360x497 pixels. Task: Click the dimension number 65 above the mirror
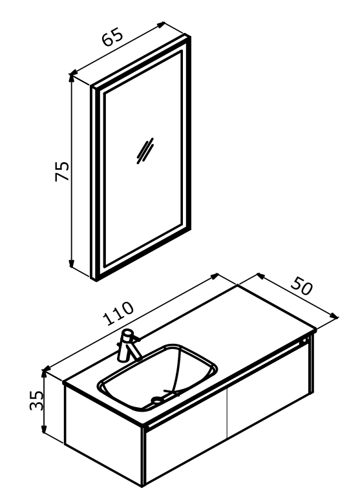(112, 37)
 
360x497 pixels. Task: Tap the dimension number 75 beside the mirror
(62, 171)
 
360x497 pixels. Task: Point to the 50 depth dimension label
(302, 286)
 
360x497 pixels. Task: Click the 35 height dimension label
(36, 400)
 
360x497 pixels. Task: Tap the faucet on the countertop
(128, 346)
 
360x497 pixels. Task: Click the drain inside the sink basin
(157, 400)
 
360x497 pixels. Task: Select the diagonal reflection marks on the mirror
(145, 151)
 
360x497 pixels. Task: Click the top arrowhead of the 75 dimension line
(72, 77)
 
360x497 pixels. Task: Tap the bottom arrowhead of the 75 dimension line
(72, 264)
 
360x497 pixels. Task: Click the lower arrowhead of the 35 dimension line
(44, 430)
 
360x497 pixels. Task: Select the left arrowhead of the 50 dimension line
(260, 275)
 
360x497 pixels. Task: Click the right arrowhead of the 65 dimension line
(162, 25)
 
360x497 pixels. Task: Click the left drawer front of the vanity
(186, 447)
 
